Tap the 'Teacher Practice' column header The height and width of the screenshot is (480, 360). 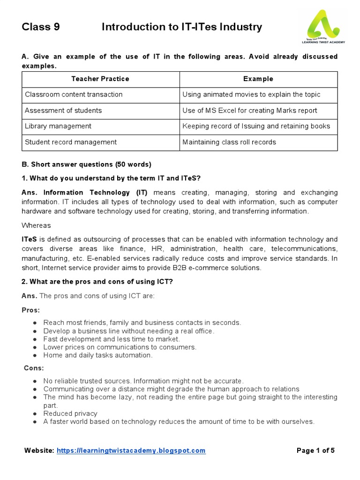click(100, 79)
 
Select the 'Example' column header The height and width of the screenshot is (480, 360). click(258, 79)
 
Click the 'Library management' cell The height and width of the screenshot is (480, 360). click(58, 126)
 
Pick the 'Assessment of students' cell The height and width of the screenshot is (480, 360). click(63, 110)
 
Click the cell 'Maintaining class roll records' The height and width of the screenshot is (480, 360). click(229, 142)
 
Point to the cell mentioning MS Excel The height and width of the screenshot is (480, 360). click(250, 110)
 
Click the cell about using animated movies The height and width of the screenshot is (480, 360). click(251, 95)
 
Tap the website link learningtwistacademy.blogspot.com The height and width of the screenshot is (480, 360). click(131, 450)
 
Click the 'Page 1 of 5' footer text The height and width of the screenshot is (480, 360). click(316, 450)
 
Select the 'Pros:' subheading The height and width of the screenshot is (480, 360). click(31, 310)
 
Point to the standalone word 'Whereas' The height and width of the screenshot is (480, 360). click(36, 225)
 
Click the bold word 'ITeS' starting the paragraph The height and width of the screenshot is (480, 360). click(30, 239)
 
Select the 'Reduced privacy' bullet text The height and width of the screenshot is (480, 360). click(70, 413)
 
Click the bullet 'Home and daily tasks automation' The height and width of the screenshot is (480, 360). click(98, 355)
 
